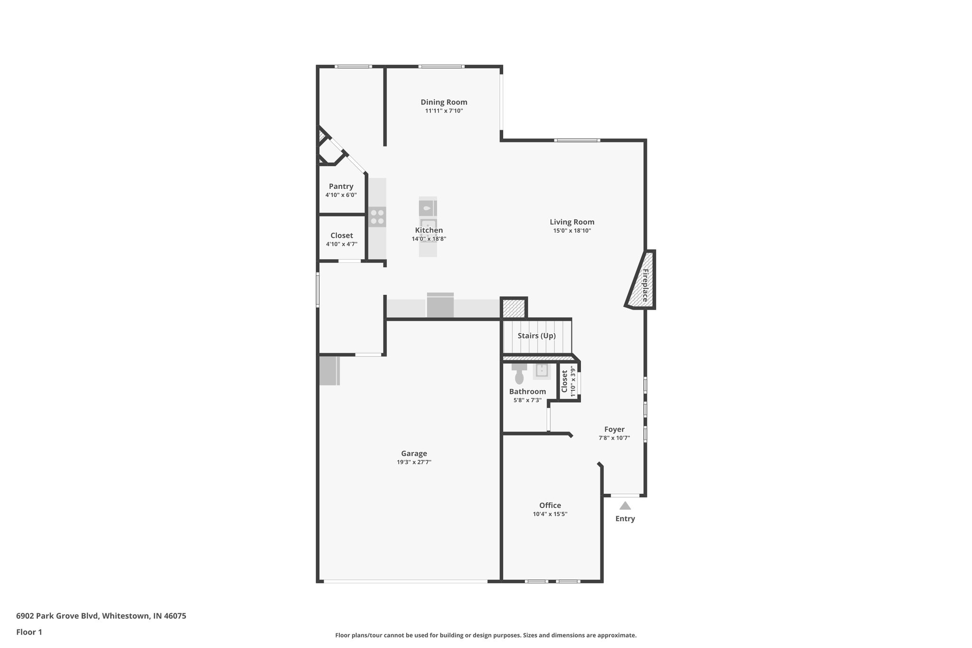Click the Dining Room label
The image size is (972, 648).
pos(444,102)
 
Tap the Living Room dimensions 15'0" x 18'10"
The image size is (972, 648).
pos(572,231)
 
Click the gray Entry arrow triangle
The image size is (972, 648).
pos(625,506)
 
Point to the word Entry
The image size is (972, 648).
pos(625,518)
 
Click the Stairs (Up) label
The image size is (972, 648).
pos(536,336)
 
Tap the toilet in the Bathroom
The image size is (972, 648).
pos(519,376)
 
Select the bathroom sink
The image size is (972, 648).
pos(542,370)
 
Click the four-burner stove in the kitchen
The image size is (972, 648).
pos(377,217)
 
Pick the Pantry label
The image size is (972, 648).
pos(341,186)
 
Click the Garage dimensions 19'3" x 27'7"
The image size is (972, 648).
pos(414,462)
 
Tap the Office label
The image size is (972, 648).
pos(550,505)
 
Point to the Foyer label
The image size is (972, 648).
pos(614,429)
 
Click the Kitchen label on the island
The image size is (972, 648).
pos(429,230)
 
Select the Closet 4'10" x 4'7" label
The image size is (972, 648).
pos(342,235)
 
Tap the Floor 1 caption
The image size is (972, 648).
pos(29,632)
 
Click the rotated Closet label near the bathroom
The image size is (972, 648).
pos(564,381)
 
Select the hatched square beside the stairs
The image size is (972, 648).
pos(514,308)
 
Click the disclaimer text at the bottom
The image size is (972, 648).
pos(486,635)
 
